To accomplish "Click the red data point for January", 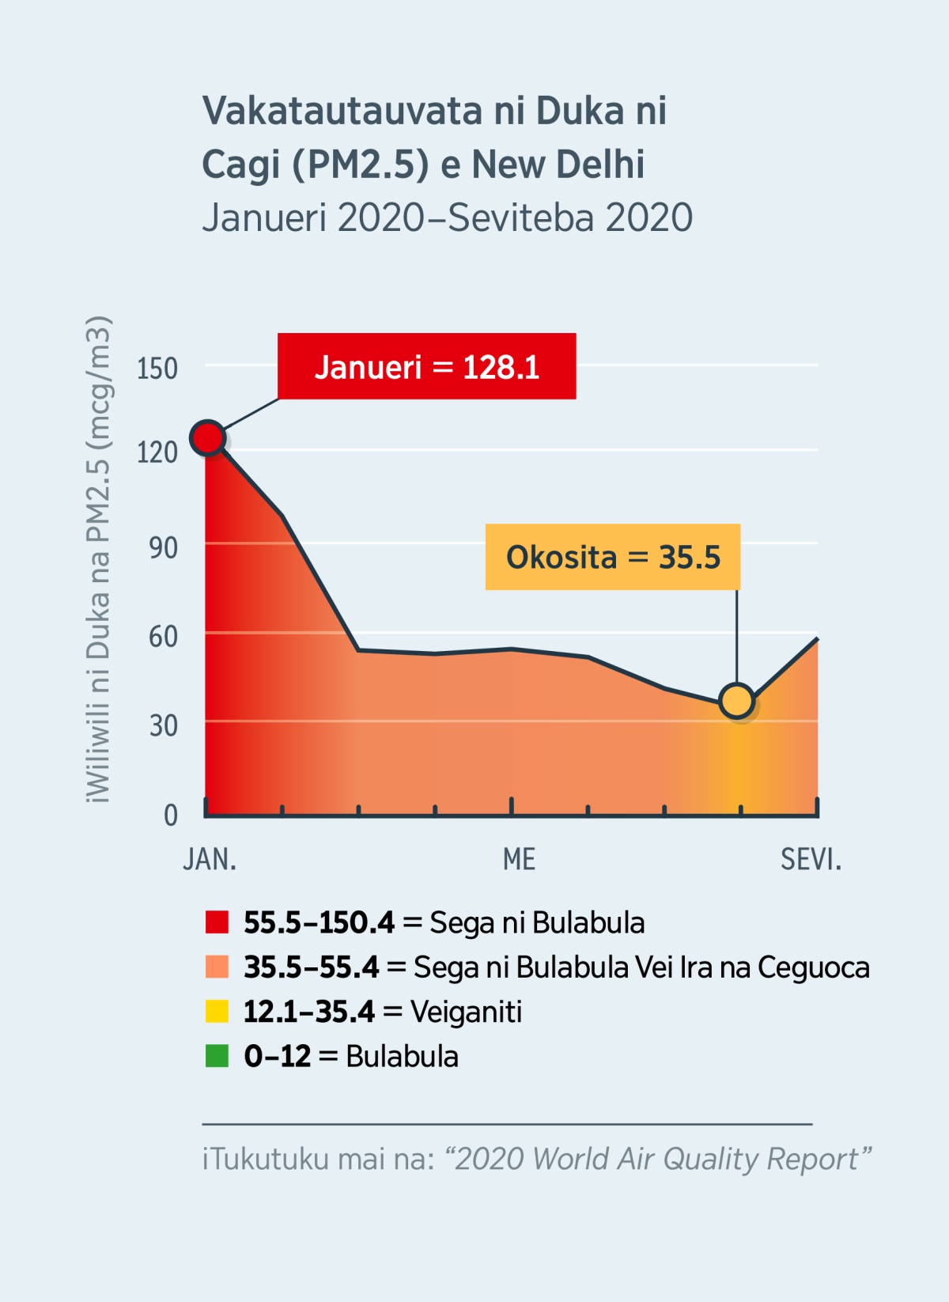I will point(208,437).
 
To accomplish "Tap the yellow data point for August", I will point(737,701).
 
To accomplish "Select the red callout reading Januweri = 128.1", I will point(426,367).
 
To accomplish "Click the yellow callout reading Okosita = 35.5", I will point(613,557).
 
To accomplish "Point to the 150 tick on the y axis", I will point(157,369).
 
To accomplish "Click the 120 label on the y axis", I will point(157,452).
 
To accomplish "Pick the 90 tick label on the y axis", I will point(163,547).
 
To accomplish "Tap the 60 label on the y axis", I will point(163,636).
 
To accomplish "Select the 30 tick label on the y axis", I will point(163,725).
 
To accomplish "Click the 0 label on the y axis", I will point(170,815).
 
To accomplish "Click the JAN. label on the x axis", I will point(210,859).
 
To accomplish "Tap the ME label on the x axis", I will point(519,859).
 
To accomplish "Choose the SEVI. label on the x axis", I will point(811,859).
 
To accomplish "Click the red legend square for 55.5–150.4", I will point(217,922).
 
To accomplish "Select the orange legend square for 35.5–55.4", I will point(217,967).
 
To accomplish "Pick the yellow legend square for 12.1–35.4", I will point(217,1012).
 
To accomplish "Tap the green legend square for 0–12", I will point(217,1056).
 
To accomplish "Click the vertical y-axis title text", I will point(99,559).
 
